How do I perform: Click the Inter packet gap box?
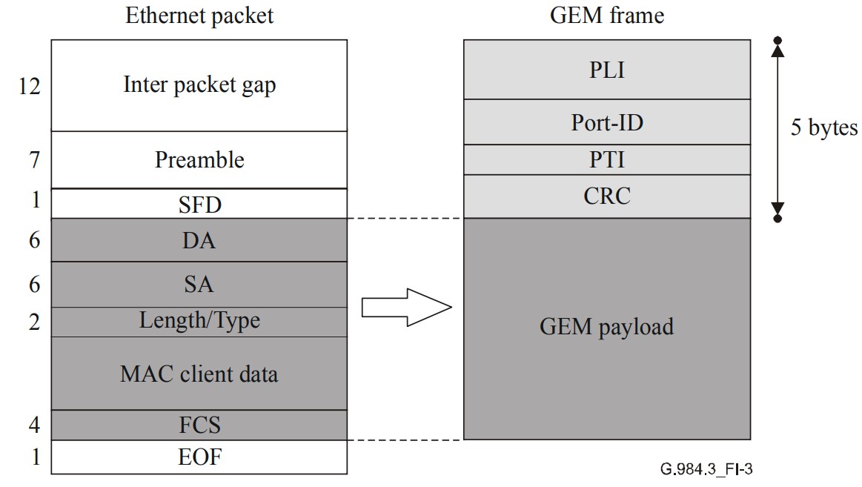coord(199,85)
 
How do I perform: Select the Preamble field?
coord(199,159)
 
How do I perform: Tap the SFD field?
coord(199,204)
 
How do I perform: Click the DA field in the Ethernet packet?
coord(199,240)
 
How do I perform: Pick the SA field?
coord(199,285)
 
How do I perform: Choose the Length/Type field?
coord(199,321)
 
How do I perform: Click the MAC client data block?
coord(199,373)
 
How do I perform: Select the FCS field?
coord(199,425)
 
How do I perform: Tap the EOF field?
coord(199,457)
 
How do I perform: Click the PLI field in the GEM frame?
coord(606,70)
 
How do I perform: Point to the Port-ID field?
coord(606,122)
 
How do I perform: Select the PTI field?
coord(606,160)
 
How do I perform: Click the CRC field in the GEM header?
coord(606,196)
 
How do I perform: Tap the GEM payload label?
coord(606,326)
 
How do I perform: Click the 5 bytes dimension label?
coord(823,127)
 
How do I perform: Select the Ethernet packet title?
coord(199,16)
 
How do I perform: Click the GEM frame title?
coord(606,16)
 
